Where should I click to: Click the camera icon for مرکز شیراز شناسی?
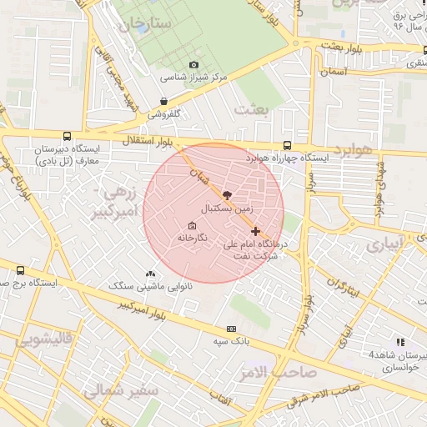tap(194, 64)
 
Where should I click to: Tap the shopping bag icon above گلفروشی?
tap(163, 101)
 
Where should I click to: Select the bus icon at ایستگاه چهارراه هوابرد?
tap(287, 144)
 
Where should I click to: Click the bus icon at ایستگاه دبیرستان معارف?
tap(67, 136)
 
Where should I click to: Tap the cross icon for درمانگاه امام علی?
tap(255, 231)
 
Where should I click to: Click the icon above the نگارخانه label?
tap(193, 226)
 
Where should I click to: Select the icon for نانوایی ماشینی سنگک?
tap(150, 274)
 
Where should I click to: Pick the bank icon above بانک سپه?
tap(231, 329)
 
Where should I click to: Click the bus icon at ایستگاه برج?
tap(21, 270)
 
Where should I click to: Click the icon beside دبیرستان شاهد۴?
tap(401, 342)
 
